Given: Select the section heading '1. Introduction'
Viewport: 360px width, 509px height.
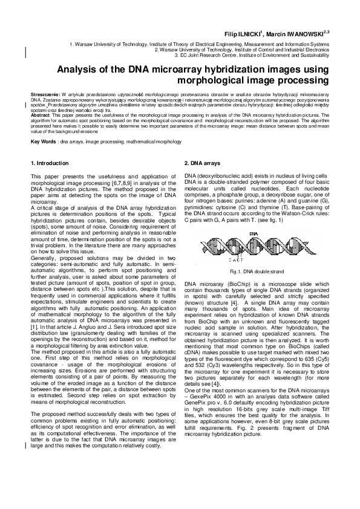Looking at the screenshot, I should coord(50,164).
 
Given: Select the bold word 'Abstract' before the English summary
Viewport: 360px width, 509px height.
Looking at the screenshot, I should coord(41,114).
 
